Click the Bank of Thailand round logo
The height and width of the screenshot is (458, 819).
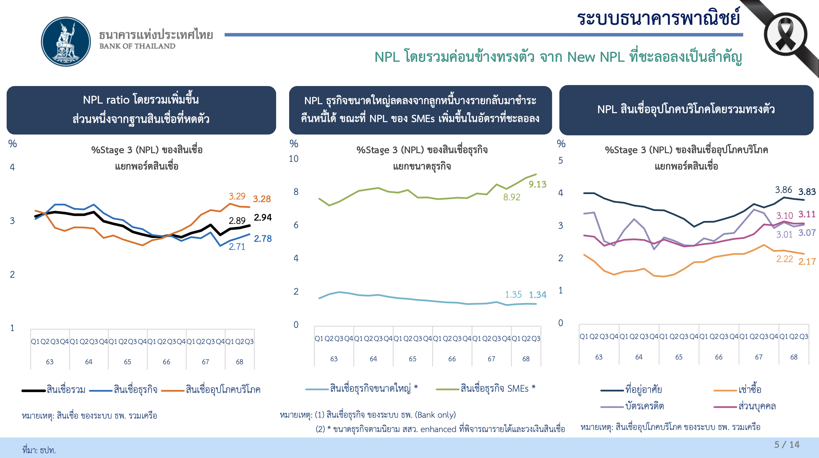(66, 42)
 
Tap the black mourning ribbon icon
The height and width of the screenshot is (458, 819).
(785, 34)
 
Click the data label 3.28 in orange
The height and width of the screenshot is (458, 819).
(262, 199)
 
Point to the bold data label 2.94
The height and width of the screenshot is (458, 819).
(263, 217)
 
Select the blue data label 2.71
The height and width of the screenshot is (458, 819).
(237, 247)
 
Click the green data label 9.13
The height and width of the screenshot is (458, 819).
(537, 184)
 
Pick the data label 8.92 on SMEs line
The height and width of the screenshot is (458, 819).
(512, 197)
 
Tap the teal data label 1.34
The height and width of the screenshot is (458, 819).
(537, 295)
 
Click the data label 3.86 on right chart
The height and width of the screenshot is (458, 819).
(783, 190)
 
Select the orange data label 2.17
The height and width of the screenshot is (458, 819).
(807, 262)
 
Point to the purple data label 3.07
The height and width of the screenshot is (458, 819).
(807, 233)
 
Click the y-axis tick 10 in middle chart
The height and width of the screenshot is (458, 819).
(293, 159)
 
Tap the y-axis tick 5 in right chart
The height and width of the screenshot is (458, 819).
(561, 161)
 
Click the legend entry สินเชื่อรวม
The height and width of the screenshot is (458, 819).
(66, 390)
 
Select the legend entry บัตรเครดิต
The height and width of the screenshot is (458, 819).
(645, 406)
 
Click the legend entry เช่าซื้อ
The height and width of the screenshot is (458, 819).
(750, 390)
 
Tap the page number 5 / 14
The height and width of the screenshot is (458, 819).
(786, 445)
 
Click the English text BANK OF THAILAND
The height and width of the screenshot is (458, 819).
(137, 46)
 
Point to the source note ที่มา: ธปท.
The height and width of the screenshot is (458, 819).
(39, 450)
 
